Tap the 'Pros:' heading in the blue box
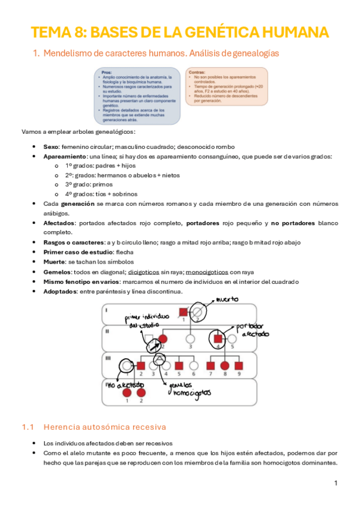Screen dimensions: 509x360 pyautogui.click(x=106, y=72)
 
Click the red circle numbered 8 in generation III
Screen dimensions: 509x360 pyautogui.click(x=225, y=365)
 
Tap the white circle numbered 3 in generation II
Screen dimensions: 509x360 pyautogui.click(x=190, y=338)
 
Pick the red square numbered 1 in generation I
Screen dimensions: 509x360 pyautogui.click(x=185, y=312)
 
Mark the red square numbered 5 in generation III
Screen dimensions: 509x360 pyautogui.click(x=179, y=365)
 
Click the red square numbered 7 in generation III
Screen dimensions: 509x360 pyautogui.click(x=211, y=365)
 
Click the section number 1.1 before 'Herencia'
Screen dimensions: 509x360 pyautogui.click(x=27, y=427)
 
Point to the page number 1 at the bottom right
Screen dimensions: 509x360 pyautogui.click(x=336, y=483)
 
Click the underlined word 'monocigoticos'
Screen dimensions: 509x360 pyautogui.click(x=205, y=272)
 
